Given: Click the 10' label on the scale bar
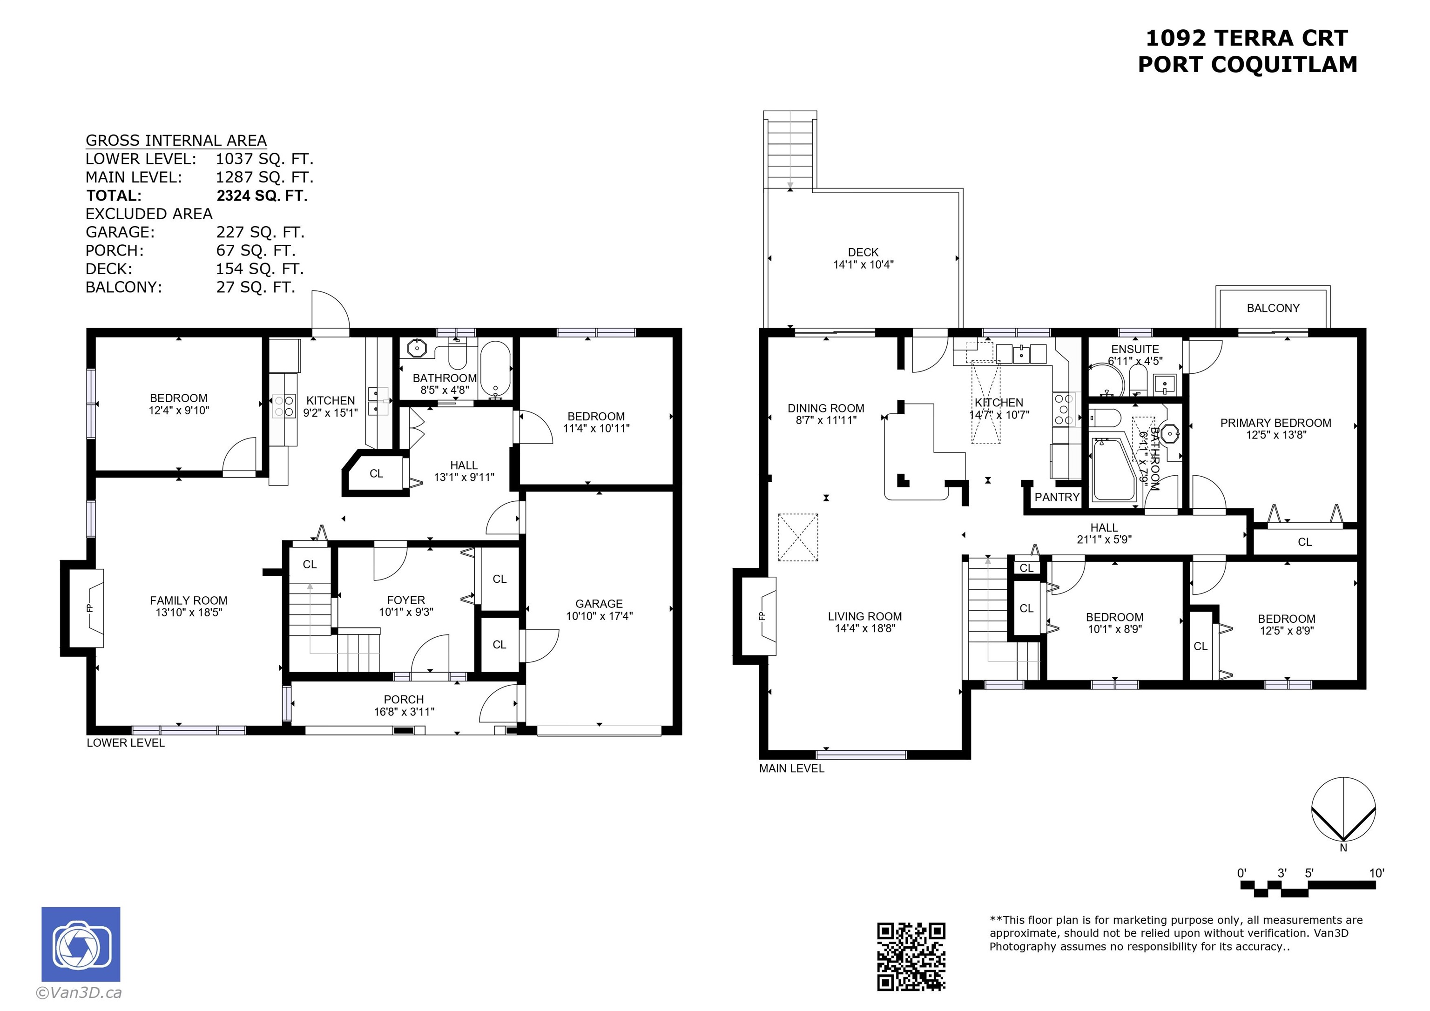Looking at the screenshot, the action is tap(1376, 873).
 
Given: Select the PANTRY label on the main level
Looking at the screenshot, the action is tap(1057, 497).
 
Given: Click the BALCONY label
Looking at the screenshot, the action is tap(1273, 308).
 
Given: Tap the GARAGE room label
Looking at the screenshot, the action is tap(599, 604).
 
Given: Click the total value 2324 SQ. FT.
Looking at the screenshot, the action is tap(262, 195).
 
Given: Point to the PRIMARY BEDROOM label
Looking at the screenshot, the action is tap(1275, 423).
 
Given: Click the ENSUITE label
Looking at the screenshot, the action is tap(1135, 350).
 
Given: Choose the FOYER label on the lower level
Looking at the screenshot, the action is tap(406, 600).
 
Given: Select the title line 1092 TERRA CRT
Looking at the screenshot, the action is tap(1247, 38).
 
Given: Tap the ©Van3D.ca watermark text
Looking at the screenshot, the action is tap(79, 993).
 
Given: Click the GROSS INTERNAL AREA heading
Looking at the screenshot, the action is tap(176, 141).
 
